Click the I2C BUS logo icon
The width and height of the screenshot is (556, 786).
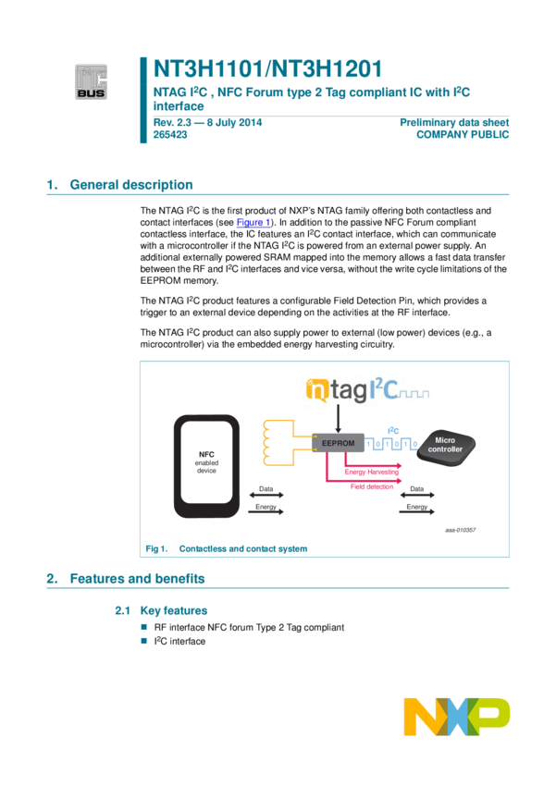tap(92, 81)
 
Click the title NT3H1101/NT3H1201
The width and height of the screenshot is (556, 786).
tap(267, 69)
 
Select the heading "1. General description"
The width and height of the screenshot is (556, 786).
tap(120, 184)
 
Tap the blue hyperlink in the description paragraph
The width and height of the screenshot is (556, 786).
tap(253, 223)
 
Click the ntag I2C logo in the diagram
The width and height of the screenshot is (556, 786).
tap(364, 390)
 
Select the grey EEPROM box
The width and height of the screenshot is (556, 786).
tap(338, 442)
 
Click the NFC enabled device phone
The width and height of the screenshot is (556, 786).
tap(206, 464)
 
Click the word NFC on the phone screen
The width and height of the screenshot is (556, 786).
tap(206, 453)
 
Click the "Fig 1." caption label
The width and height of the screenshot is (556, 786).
tap(154, 548)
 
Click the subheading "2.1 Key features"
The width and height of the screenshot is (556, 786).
tap(161, 610)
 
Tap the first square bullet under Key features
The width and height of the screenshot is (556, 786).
tap(143, 626)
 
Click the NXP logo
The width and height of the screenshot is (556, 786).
tap(456, 717)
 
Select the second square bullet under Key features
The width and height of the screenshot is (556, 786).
tap(143, 639)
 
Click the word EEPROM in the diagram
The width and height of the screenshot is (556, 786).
tap(338, 443)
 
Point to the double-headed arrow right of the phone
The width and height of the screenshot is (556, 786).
tap(266, 495)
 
